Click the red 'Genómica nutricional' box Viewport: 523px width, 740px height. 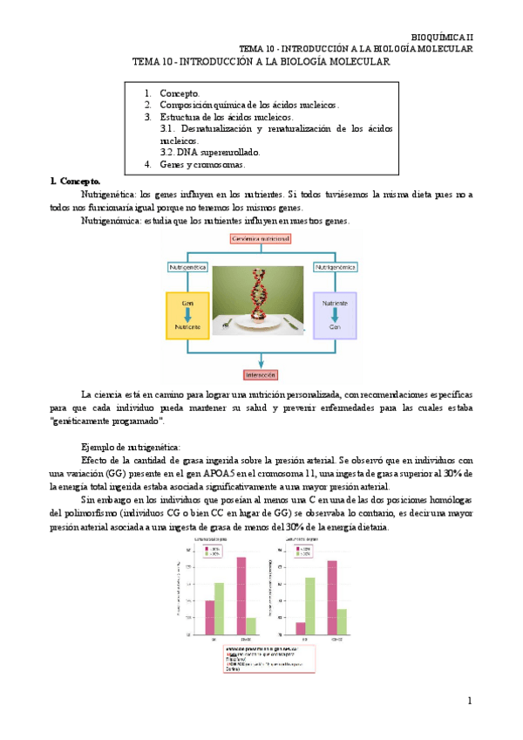click(261, 238)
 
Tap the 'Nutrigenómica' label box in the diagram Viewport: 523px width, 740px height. click(335, 264)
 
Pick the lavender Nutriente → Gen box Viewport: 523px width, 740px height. click(335, 314)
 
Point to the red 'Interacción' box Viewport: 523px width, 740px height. click(261, 374)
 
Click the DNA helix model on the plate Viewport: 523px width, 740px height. click(259, 293)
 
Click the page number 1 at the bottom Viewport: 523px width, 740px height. click(469, 701)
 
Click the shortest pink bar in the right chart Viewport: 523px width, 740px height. click(301, 628)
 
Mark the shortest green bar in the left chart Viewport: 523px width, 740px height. click(251, 626)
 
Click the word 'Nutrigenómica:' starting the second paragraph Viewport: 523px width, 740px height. click(109, 221)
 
